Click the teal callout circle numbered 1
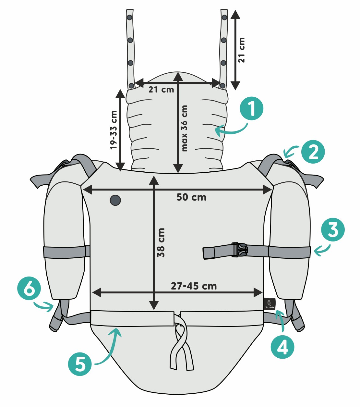pos(251,108)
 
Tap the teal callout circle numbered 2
pos(313,152)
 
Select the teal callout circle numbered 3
pos(333,229)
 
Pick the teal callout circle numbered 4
pos(282,347)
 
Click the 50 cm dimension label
pos(191,197)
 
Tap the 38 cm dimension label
pos(161,243)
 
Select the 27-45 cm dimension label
pos(194,286)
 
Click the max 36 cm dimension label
pos(184,128)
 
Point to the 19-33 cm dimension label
pos(114,130)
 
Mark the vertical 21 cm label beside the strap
pos(242,50)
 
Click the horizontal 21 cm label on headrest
pos(161,90)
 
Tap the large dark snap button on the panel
pos(115,200)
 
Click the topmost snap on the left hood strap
pos(130,17)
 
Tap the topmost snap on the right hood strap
pos(224,18)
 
